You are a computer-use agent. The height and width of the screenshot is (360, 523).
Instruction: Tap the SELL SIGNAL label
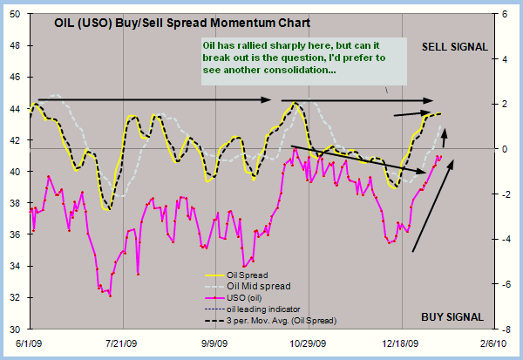(x=454, y=46)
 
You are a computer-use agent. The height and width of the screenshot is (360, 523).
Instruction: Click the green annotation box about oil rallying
(x=302, y=60)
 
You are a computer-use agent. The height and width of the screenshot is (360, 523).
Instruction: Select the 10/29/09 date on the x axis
(x=309, y=344)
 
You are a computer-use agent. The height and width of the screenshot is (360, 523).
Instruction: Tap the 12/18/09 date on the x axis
(x=400, y=344)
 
